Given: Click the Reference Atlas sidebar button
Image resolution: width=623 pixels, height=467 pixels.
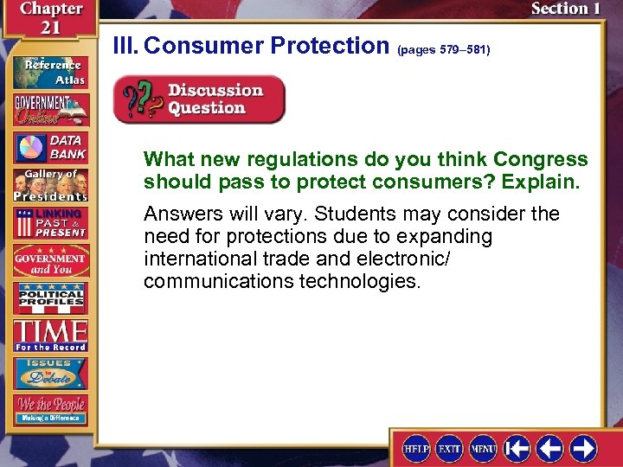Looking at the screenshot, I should click(x=49, y=71).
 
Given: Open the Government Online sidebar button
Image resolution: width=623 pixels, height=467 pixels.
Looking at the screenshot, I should click(x=49, y=110).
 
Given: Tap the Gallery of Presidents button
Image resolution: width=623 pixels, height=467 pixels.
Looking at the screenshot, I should click(x=49, y=184).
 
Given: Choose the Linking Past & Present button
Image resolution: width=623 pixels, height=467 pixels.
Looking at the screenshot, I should click(x=49, y=222).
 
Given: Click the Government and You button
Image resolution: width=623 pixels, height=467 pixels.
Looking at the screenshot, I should click(x=49, y=259).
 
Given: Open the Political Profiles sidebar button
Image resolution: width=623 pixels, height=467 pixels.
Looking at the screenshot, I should click(x=49, y=297).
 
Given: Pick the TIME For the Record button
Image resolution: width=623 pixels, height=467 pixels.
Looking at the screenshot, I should click(x=49, y=336).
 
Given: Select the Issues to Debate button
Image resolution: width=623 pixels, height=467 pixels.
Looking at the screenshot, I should click(x=49, y=373).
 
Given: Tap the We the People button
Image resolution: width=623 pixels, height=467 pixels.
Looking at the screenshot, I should click(x=49, y=409).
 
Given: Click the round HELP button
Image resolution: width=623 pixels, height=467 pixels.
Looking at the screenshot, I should click(x=415, y=448).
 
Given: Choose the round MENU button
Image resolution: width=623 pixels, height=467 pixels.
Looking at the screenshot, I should click(x=483, y=448).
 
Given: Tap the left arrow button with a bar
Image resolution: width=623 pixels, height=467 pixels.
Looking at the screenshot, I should click(x=517, y=448).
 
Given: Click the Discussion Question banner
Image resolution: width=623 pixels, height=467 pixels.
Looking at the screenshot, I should click(x=199, y=99).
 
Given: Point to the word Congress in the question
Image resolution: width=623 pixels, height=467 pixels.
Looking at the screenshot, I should click(x=540, y=160).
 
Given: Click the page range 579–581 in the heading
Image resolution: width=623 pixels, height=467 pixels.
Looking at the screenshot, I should click(x=444, y=50).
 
